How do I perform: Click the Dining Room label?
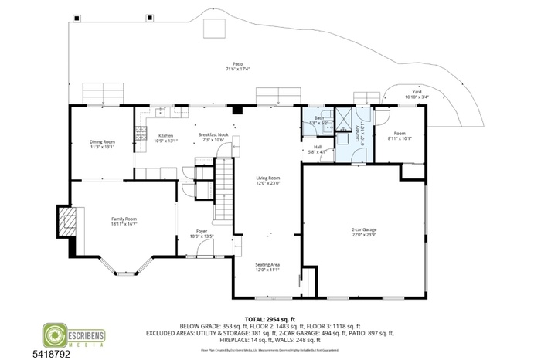pyautogui.click(x=102, y=142)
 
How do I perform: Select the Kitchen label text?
pyautogui.click(x=165, y=135)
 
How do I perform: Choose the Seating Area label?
pyautogui.click(x=267, y=265)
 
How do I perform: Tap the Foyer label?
pyautogui.click(x=201, y=231)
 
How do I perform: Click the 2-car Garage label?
pyautogui.click(x=363, y=229)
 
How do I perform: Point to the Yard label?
pyautogui.click(x=417, y=91)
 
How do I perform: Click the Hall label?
pyautogui.click(x=318, y=147)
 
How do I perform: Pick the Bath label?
pyautogui.click(x=318, y=118)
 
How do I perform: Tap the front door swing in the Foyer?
pyautogui.click(x=204, y=248)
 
